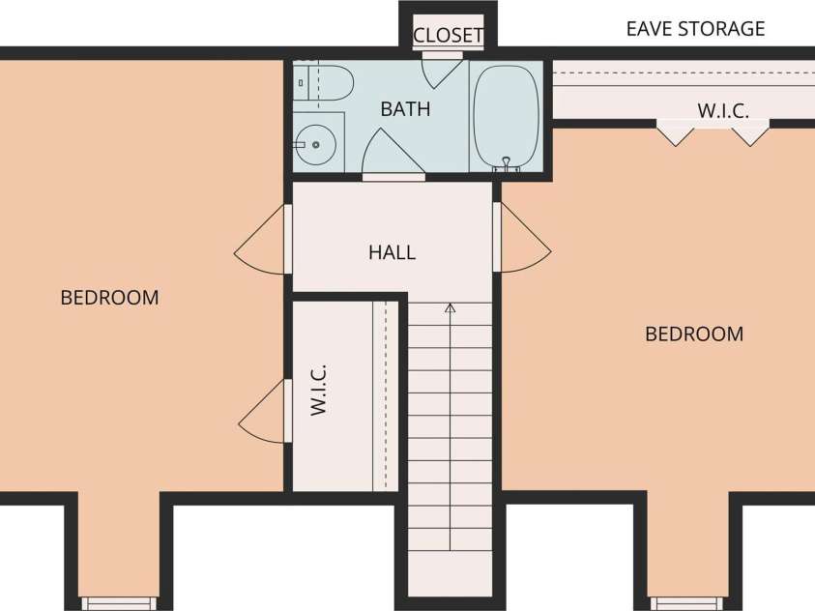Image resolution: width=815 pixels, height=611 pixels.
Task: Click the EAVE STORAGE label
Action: click(695, 29)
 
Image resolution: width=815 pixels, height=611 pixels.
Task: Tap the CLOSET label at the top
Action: click(448, 36)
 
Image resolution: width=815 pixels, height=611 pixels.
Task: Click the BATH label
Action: click(405, 109)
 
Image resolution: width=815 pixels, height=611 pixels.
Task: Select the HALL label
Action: click(392, 252)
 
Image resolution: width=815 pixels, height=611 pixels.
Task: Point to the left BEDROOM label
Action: click(109, 298)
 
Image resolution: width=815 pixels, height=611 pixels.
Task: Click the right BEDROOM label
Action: click(694, 334)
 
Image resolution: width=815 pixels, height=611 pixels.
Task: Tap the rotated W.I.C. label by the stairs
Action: click(318, 391)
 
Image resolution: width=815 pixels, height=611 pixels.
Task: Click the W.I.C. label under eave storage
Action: click(723, 110)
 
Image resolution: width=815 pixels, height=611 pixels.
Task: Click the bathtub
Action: click(506, 116)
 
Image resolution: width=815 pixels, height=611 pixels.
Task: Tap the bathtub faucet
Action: click(507, 164)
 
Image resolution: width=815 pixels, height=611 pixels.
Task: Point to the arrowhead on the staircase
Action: click(451, 308)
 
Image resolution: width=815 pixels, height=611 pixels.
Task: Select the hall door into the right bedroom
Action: click(522, 238)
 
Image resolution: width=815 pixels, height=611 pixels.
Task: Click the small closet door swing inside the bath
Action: click(442, 70)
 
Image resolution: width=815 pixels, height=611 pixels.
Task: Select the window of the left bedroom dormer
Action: click(119, 603)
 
